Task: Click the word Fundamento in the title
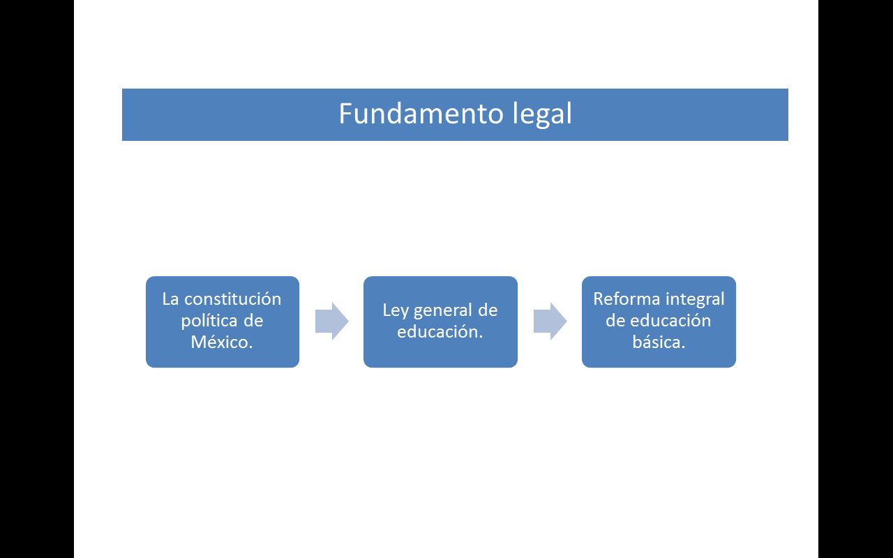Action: [x=421, y=114]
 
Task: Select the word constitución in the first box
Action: [x=232, y=299]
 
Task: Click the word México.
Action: [x=222, y=342]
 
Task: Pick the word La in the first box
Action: [x=170, y=299]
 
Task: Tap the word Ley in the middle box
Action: [x=396, y=311]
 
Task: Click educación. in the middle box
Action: [x=440, y=331]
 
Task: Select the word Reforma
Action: [x=626, y=299]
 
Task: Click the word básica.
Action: [x=659, y=342]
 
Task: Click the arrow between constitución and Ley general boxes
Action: [x=331, y=322]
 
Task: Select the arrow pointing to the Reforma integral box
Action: [x=550, y=322]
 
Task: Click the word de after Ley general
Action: [x=488, y=310]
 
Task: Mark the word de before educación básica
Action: [x=615, y=320]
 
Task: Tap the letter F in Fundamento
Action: [x=345, y=114]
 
